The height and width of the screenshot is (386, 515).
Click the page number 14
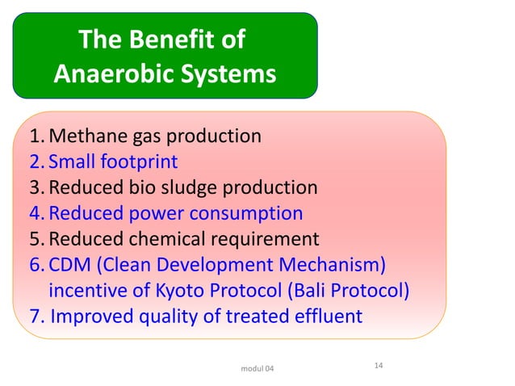coord(378,367)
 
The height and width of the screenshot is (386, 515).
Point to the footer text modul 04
coord(257,369)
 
